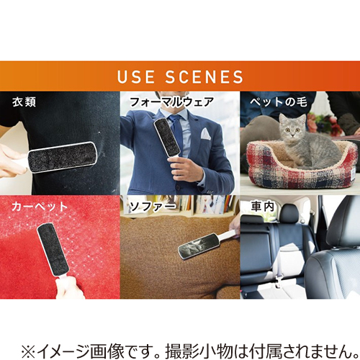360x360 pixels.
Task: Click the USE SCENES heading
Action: (179, 76)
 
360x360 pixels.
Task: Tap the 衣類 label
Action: (22, 102)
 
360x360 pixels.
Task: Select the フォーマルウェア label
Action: (171, 102)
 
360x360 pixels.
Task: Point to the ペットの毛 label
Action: (278, 102)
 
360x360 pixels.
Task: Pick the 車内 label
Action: (261, 207)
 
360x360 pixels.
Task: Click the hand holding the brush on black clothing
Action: (11, 164)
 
